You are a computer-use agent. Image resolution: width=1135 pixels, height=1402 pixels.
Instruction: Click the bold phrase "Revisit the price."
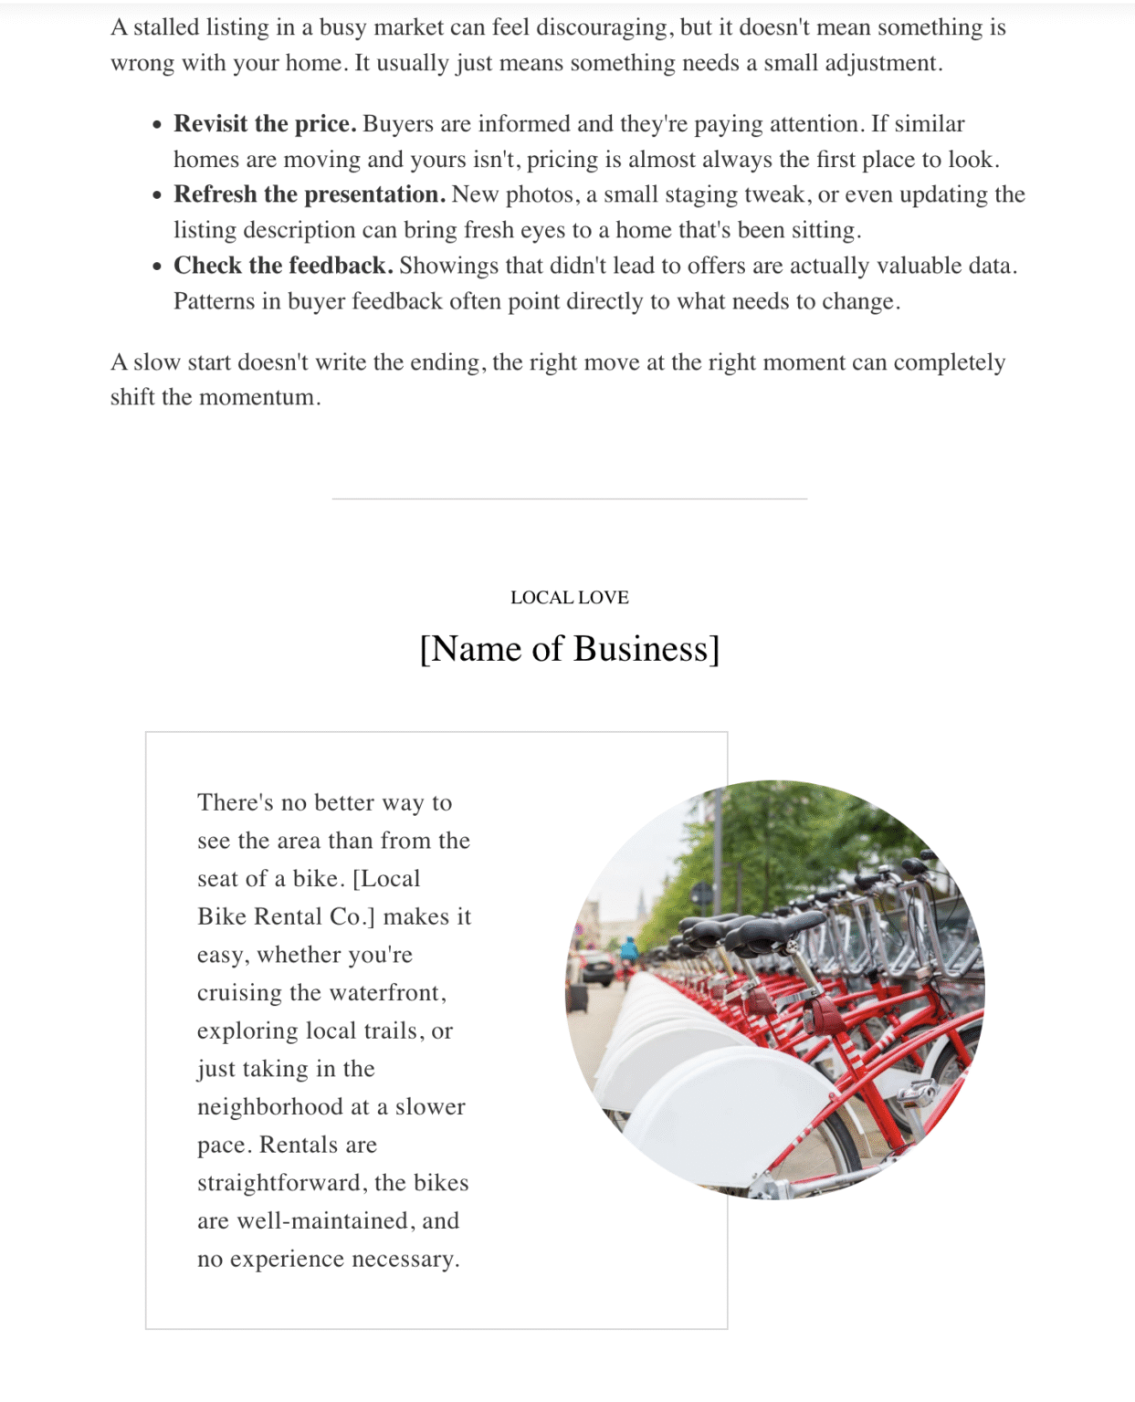click(265, 124)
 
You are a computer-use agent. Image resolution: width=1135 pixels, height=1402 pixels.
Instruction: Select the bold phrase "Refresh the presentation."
click(310, 194)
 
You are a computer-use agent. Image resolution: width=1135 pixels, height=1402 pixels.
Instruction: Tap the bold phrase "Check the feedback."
click(283, 266)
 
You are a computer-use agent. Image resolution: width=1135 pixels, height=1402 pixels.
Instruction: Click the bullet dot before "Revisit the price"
click(158, 125)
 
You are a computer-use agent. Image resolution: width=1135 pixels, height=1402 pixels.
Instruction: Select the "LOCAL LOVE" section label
click(569, 598)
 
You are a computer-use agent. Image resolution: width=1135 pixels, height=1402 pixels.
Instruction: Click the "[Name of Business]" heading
click(569, 649)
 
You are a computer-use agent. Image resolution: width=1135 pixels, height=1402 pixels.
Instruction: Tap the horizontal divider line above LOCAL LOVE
click(569, 499)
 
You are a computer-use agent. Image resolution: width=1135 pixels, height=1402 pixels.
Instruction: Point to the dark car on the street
click(599, 968)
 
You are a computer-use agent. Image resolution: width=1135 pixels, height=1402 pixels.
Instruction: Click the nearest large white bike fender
click(730, 1114)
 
